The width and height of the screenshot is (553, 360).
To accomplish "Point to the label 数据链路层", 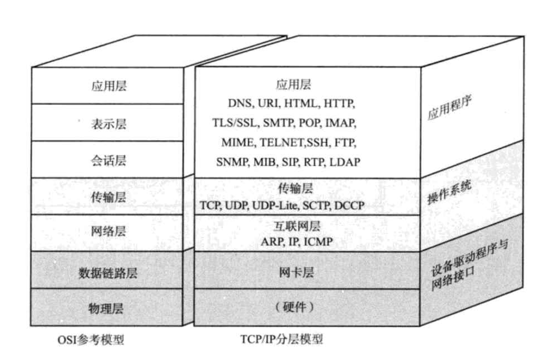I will click(108, 273).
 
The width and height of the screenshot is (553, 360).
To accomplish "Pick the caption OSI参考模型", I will click(91, 339).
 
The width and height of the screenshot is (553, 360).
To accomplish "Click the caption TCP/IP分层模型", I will click(282, 339).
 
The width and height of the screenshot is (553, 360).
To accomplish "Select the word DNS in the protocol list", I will click(240, 103).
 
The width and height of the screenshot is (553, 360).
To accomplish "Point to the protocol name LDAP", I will click(344, 162).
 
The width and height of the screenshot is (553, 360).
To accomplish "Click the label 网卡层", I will click(293, 273).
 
